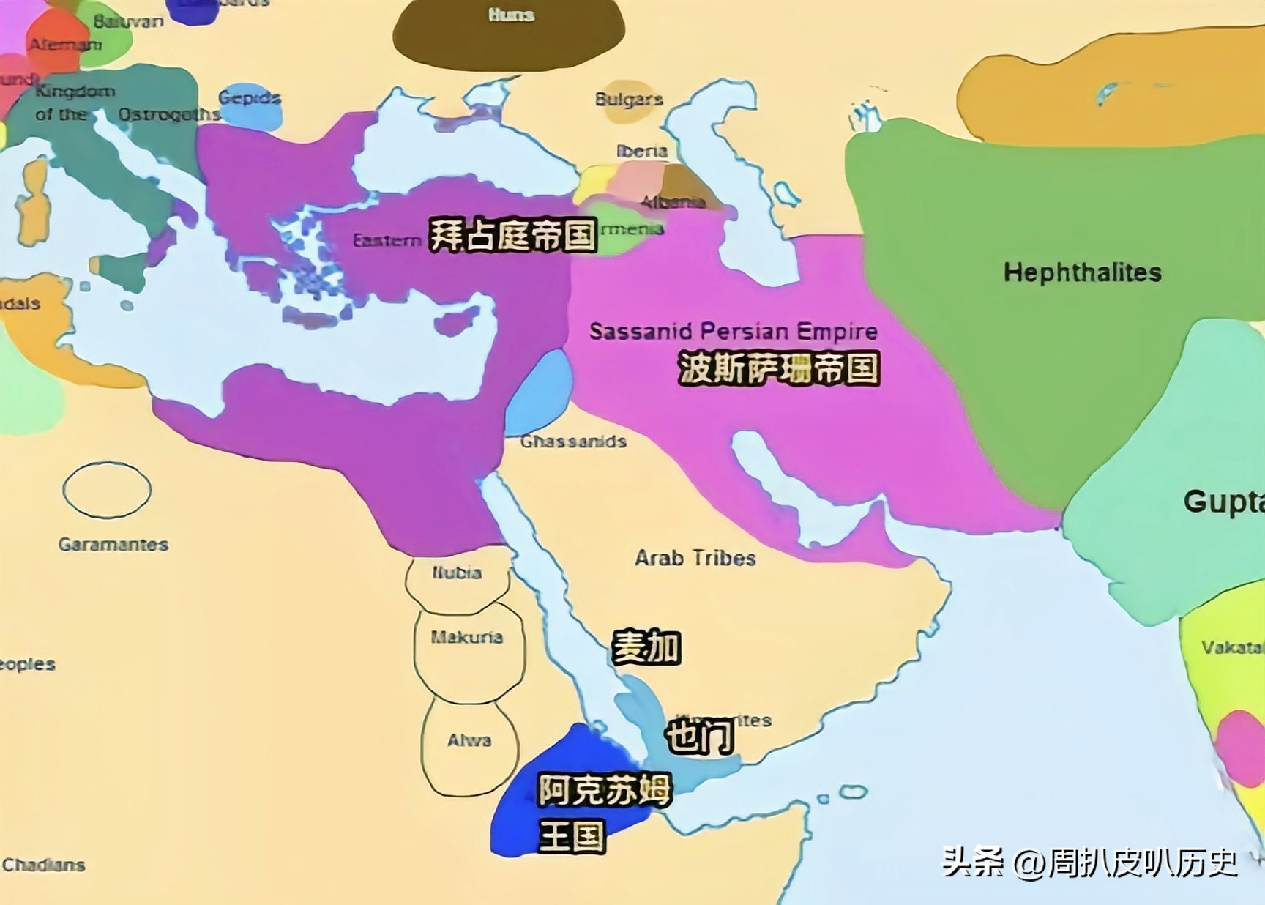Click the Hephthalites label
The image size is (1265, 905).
click(x=1082, y=272)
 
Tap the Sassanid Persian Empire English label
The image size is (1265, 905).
click(x=733, y=332)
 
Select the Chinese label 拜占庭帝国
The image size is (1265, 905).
click(x=512, y=236)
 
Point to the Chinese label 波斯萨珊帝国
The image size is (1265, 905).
click(x=778, y=368)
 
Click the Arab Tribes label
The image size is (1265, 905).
click(x=695, y=558)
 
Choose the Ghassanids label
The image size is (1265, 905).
click(x=573, y=442)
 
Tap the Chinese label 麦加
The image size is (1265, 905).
click(x=646, y=647)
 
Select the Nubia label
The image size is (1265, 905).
click(x=457, y=573)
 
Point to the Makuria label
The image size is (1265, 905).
click(x=467, y=637)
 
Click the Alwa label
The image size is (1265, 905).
click(x=469, y=740)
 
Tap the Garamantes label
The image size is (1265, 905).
click(x=113, y=544)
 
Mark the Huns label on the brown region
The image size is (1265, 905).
click(x=511, y=15)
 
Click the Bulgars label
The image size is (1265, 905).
click(x=629, y=99)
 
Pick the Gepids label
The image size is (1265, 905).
click(x=249, y=97)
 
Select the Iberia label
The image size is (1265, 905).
click(x=642, y=151)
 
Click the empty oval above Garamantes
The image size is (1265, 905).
click(x=107, y=490)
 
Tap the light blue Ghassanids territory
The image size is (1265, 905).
click(x=540, y=395)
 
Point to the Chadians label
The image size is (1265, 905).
click(x=44, y=865)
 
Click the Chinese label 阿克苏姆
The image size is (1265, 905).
click(x=604, y=789)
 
